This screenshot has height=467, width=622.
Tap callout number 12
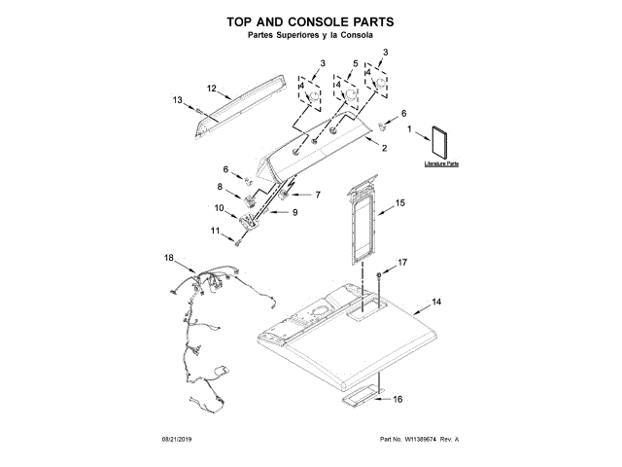[211, 89]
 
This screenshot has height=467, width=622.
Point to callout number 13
[178, 100]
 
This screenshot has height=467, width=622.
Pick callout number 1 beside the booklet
[410, 129]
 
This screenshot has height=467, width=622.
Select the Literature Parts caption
[440, 165]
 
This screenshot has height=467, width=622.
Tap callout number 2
[384, 148]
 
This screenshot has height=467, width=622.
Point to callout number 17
[403, 263]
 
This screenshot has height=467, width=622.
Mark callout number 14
[436, 304]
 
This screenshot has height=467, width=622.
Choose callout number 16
[397, 398]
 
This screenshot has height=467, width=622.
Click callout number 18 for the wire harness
[169, 258]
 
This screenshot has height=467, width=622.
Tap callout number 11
[216, 231]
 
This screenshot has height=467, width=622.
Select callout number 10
[219, 207]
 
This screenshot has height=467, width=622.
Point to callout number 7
[317, 195]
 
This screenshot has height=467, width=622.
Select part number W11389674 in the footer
[424, 440]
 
